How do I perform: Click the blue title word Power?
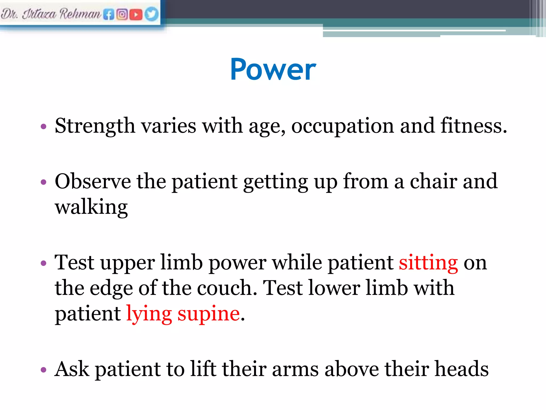(273, 69)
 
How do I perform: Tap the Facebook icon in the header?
(109, 14)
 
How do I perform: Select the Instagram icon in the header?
(122, 14)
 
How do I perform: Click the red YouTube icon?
(136, 14)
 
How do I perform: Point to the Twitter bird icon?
(151, 14)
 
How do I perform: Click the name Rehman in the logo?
(80, 14)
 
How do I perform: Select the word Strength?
(95, 126)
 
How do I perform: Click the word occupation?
(342, 126)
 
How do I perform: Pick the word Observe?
(93, 182)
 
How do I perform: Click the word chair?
(433, 182)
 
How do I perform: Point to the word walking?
(91, 207)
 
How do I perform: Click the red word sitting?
(428, 263)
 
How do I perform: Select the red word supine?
(208, 314)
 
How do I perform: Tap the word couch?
(227, 288)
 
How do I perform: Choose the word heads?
(461, 369)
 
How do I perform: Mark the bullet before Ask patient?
(43, 370)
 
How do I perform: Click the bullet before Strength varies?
(43, 126)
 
